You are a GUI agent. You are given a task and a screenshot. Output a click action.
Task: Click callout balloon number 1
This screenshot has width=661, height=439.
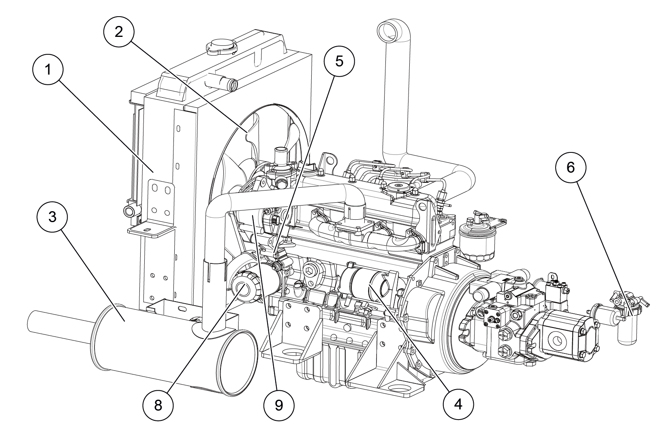pyautogui.click(x=48, y=70)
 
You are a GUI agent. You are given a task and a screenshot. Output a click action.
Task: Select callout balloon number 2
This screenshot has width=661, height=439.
pyautogui.click(x=118, y=32)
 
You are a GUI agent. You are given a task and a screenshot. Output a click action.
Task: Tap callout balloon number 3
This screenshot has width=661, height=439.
pyautogui.click(x=52, y=217)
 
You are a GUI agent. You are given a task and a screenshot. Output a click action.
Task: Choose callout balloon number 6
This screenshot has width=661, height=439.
pyautogui.click(x=570, y=167)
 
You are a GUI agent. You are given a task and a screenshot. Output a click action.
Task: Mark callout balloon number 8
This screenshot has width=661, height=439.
pyautogui.click(x=158, y=404)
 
